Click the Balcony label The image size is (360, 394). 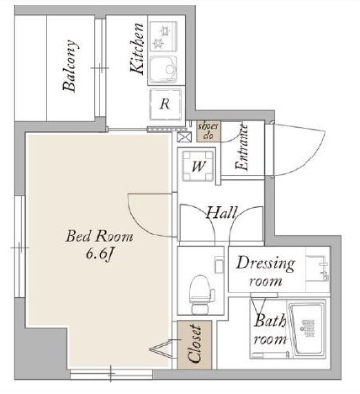[69, 67]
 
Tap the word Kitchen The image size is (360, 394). [137, 49]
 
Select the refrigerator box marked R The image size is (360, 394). [166, 104]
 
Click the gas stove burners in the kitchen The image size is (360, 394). [163, 36]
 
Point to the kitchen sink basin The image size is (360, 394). [163, 69]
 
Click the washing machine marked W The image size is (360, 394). [198, 166]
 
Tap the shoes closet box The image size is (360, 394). [209, 131]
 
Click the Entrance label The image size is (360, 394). [242, 147]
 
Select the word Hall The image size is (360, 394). [222, 213]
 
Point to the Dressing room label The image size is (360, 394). [265, 272]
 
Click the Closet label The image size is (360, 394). [194, 343]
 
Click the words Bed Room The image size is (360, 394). [99, 237]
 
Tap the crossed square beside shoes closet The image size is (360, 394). [184, 136]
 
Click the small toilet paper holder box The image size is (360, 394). [219, 266]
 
